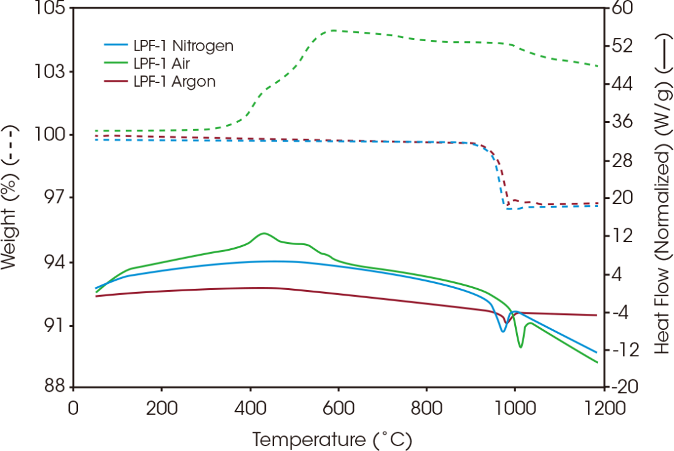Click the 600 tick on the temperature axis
click(338, 409)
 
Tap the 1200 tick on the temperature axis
click(602, 409)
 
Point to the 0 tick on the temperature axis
click(74, 409)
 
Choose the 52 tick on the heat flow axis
click(624, 46)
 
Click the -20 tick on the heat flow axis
click(627, 387)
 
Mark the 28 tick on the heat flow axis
click(624, 160)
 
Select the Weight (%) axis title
click(11, 197)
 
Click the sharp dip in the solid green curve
click(520, 346)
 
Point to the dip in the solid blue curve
click(503, 331)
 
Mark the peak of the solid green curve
click(264, 233)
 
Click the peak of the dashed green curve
click(337, 30)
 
